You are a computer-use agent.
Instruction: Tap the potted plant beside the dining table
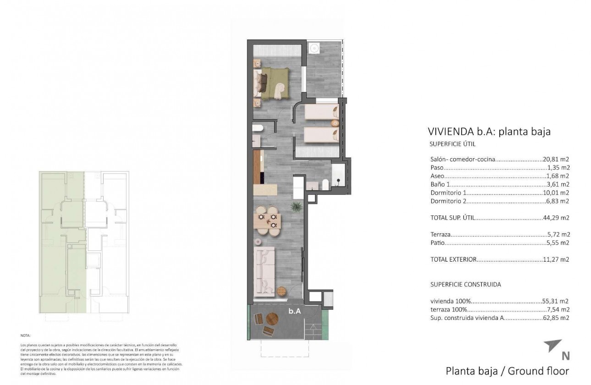(296, 206)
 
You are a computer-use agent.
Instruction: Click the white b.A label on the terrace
(295, 311)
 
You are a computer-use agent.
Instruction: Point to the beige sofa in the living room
(264, 270)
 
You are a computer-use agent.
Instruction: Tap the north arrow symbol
(553, 346)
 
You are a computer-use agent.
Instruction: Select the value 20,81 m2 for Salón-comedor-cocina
(556, 159)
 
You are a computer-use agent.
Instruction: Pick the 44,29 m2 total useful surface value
(556, 218)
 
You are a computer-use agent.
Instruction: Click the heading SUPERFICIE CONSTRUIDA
(465, 284)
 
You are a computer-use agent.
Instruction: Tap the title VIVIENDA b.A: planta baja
(489, 132)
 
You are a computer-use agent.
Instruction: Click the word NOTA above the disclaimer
(26, 336)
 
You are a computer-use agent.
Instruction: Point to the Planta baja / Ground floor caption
(507, 371)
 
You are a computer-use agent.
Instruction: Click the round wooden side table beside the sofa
(281, 290)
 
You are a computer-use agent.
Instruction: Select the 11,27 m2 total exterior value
(556, 259)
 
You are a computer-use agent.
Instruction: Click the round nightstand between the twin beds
(335, 123)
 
